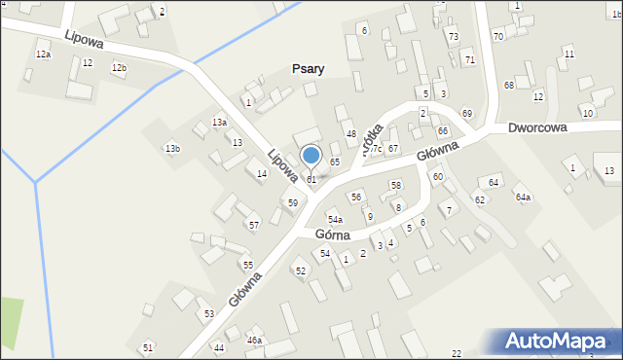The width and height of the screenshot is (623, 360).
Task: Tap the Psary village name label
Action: [308, 69]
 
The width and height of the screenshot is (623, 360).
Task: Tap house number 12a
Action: [43, 54]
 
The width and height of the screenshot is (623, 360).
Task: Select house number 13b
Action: [172, 149]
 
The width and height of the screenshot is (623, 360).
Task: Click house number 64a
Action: [523, 198]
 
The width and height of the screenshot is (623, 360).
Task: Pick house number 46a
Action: [254, 341]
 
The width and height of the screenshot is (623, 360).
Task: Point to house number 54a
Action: [335, 220]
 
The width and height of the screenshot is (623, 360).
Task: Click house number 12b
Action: [119, 68]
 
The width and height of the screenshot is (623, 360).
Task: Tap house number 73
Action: [454, 36]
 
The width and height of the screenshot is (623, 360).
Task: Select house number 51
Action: [148, 347]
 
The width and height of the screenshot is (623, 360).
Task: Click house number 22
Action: [457, 353]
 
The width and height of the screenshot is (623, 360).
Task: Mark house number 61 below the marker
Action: [311, 180]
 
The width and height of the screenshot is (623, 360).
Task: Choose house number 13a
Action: [220, 123]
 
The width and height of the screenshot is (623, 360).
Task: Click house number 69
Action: [467, 114]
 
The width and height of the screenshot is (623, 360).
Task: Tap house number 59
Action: [292, 202]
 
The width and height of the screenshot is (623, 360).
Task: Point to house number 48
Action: [350, 133]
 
